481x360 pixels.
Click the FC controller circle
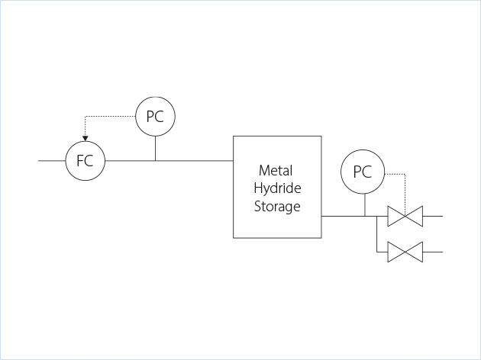click(85, 161)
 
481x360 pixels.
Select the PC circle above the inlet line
click(155, 117)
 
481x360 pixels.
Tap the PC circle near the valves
click(363, 172)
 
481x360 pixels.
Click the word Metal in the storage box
click(276, 170)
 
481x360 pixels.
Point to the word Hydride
click(276, 188)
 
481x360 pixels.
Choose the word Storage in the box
click(276, 206)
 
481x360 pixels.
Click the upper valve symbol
click(405, 217)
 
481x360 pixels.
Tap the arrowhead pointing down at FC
click(85, 139)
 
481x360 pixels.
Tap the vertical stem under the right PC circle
click(365, 204)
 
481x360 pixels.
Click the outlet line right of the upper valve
click(432, 217)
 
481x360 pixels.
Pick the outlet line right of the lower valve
click(432, 252)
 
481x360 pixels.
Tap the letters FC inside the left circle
click(85, 161)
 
